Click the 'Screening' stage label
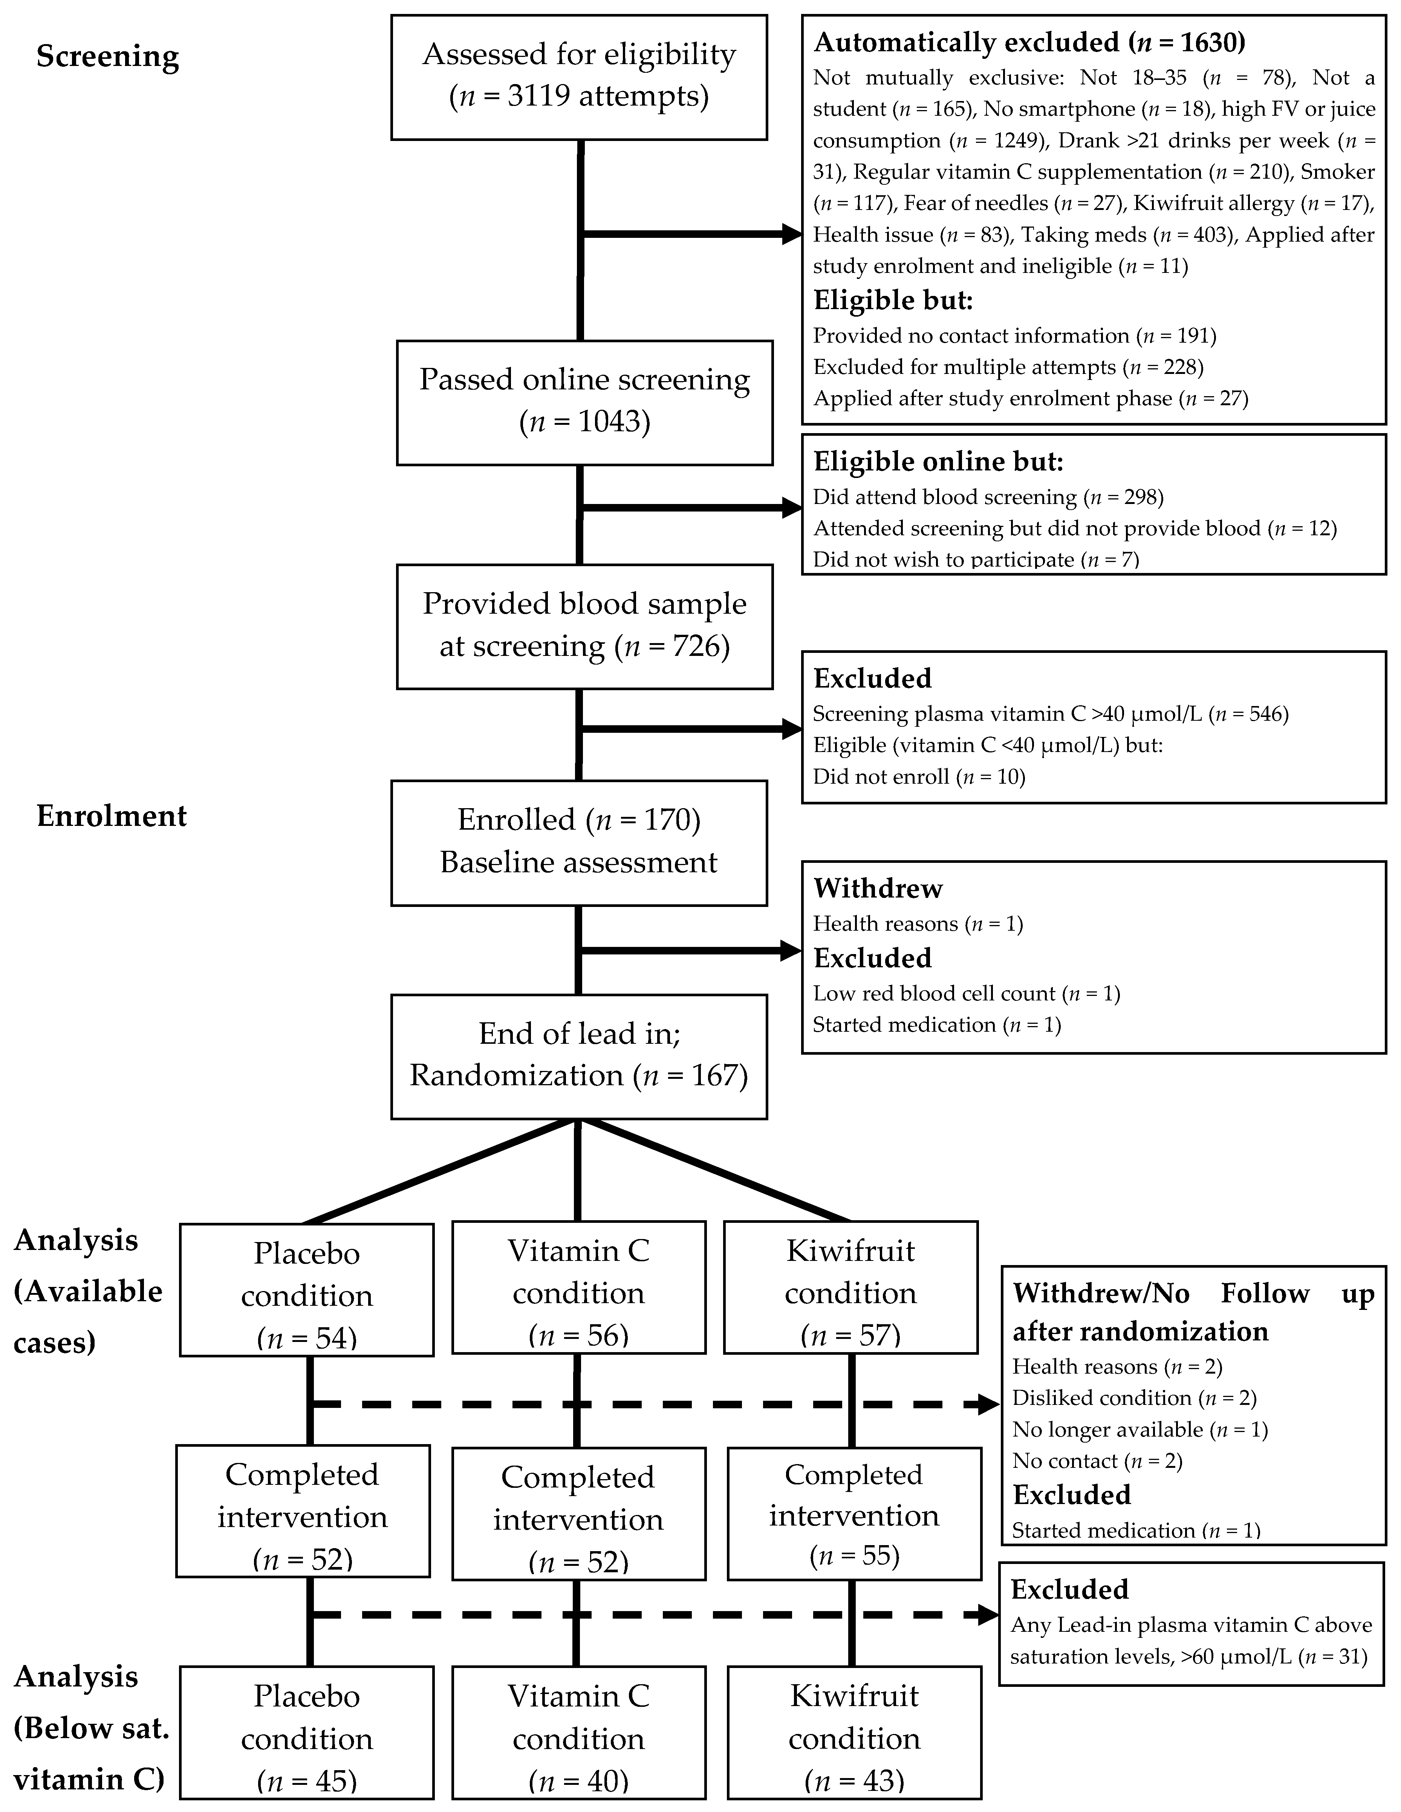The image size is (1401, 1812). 108,57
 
